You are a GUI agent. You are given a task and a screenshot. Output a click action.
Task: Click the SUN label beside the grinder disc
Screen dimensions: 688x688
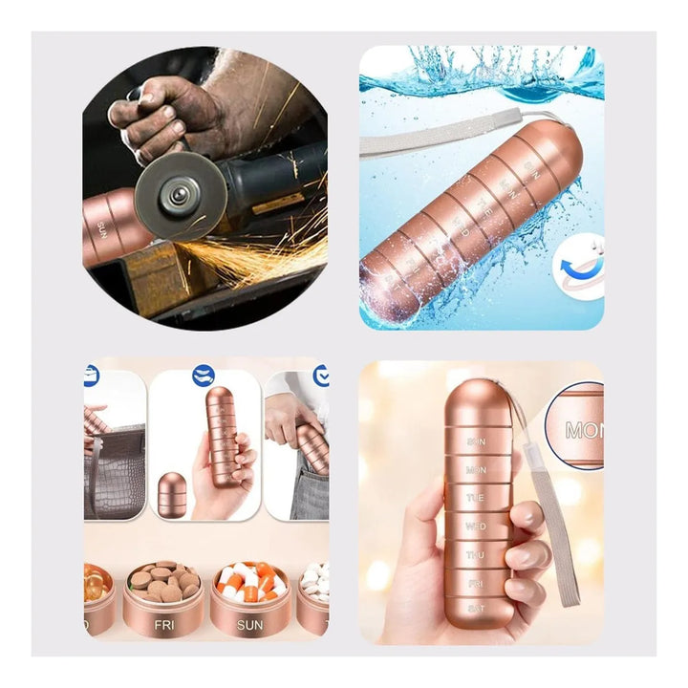100,228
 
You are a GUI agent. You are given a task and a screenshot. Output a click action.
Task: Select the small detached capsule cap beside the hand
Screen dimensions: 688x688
172,495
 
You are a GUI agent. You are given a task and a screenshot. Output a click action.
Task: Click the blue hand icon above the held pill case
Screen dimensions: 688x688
203,376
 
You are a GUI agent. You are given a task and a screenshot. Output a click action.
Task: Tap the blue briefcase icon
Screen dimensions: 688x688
92,376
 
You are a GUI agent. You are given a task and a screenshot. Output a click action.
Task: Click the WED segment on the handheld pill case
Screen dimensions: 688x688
476,526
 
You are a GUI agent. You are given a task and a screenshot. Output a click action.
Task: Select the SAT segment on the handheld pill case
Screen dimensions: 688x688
475,608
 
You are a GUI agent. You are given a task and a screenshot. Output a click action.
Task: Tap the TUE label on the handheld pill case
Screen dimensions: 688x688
476,498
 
